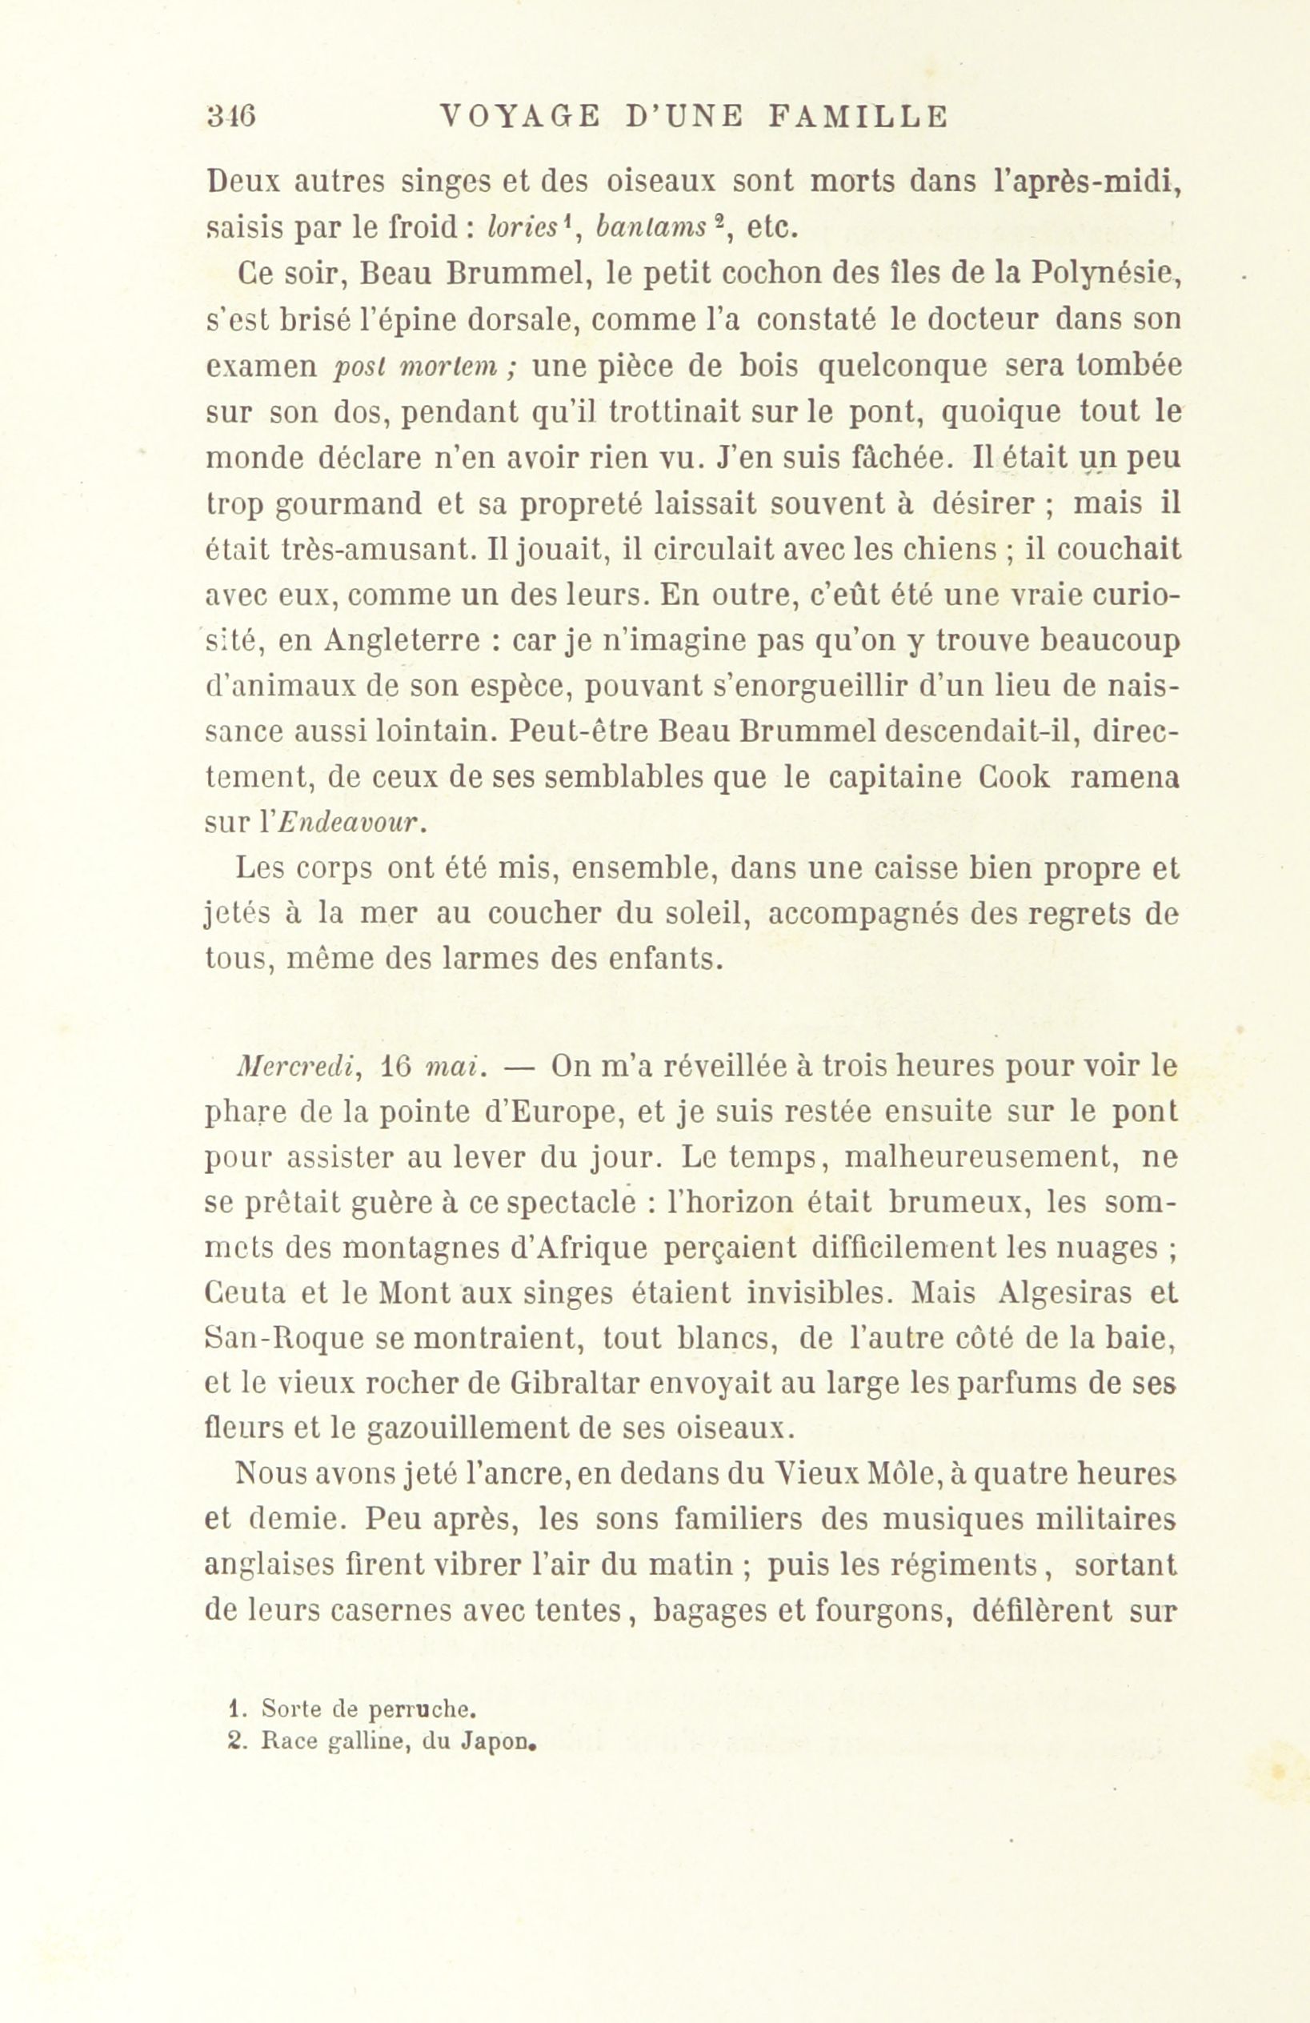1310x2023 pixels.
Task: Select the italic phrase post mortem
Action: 422,367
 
